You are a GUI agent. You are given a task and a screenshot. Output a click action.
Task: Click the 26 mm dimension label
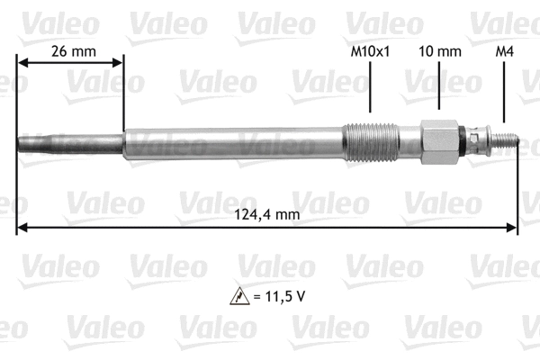[x=71, y=51]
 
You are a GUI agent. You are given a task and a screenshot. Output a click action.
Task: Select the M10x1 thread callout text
[x=370, y=51]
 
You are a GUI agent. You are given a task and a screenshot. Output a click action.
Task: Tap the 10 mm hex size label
[x=438, y=51]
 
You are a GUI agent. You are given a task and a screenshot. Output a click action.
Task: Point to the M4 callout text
[x=505, y=51]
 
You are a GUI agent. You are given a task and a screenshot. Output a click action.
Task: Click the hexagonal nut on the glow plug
[x=438, y=141]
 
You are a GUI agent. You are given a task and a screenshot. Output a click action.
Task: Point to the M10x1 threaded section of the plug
[x=370, y=141]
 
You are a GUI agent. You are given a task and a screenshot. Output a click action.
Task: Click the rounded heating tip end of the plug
[x=22, y=142]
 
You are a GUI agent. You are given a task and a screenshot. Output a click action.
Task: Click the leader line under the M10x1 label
[x=370, y=94]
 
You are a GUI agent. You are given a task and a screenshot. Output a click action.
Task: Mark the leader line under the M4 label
[x=505, y=94]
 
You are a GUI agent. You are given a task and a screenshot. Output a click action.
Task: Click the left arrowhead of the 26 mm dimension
[x=22, y=63]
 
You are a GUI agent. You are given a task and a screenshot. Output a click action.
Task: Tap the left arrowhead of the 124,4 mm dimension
[x=22, y=226]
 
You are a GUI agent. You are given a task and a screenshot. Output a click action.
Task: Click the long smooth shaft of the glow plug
[x=234, y=141]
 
